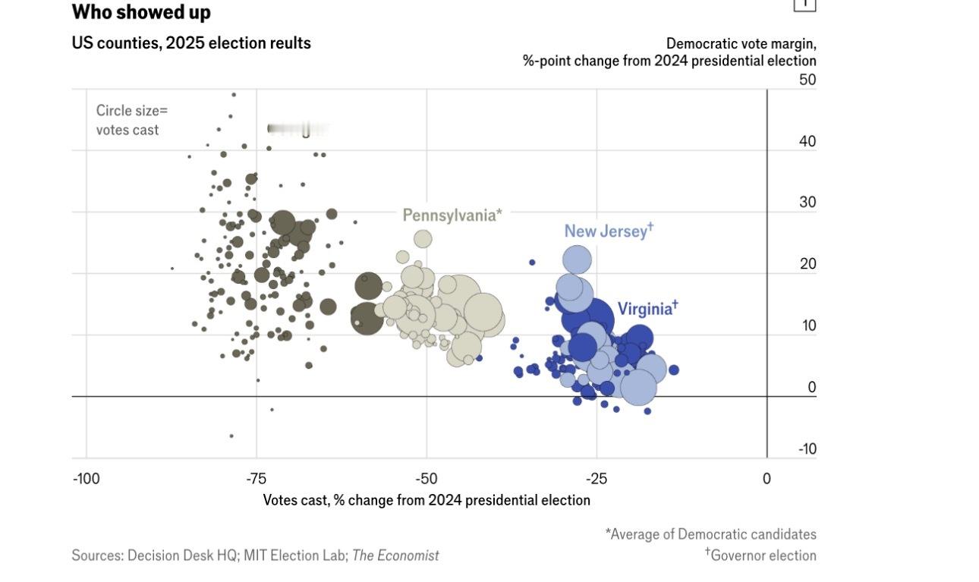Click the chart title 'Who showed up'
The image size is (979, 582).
141,12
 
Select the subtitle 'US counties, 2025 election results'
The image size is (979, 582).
191,43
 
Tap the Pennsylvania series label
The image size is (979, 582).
452,215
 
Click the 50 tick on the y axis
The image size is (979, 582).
807,80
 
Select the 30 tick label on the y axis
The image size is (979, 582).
807,203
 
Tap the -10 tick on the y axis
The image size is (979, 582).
807,448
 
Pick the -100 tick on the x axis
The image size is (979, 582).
87,479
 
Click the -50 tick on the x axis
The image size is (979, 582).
427,479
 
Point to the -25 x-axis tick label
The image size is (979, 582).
597,479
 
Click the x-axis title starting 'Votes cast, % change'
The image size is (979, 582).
427,500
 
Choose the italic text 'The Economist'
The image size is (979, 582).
395,555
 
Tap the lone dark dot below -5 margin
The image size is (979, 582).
231,436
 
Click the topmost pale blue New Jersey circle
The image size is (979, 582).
577,260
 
